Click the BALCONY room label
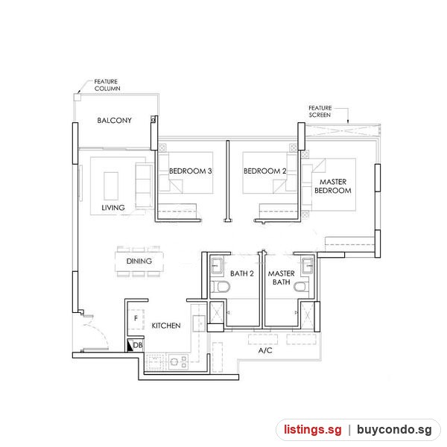coord(114,120)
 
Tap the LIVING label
coord(113,208)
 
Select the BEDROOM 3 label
coord(191,171)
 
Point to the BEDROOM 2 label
coord(264,171)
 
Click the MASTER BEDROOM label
coord(333,186)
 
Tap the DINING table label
coord(139,261)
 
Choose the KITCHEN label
coord(166,326)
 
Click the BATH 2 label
coord(242,273)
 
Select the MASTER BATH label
coord(282,278)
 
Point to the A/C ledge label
coord(265,350)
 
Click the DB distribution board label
coord(138,345)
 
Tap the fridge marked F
coord(136,320)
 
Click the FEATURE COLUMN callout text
coord(107,85)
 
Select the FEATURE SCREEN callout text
coord(320,112)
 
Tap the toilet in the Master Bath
coord(301,287)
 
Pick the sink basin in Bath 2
coord(217,266)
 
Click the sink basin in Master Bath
coord(307,266)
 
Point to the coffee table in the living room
coord(111,186)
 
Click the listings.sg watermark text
coord(312,429)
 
